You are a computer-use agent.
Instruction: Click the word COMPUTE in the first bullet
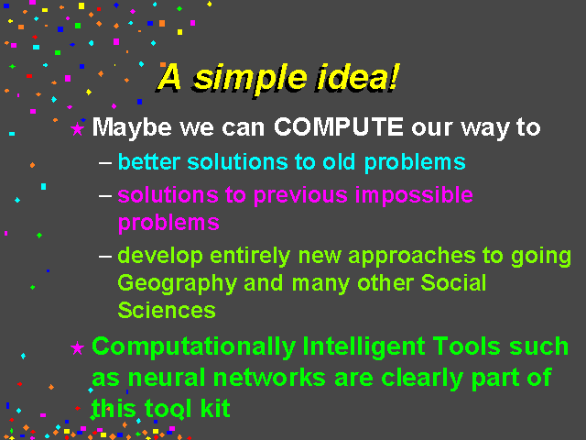339,126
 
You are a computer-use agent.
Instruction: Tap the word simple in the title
250,80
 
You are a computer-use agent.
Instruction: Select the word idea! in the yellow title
357,77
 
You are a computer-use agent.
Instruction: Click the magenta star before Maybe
77,128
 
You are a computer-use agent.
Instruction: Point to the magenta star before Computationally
77,348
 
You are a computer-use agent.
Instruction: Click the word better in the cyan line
149,162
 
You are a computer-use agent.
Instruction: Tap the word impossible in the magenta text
414,195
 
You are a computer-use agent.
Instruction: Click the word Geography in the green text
178,283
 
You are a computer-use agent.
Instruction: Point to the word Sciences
167,310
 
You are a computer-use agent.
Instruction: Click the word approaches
412,257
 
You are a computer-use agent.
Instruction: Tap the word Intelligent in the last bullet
364,346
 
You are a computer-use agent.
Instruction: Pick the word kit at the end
215,408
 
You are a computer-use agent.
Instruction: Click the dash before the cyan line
105,163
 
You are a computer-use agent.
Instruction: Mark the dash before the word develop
105,257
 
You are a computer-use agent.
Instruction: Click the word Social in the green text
453,282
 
